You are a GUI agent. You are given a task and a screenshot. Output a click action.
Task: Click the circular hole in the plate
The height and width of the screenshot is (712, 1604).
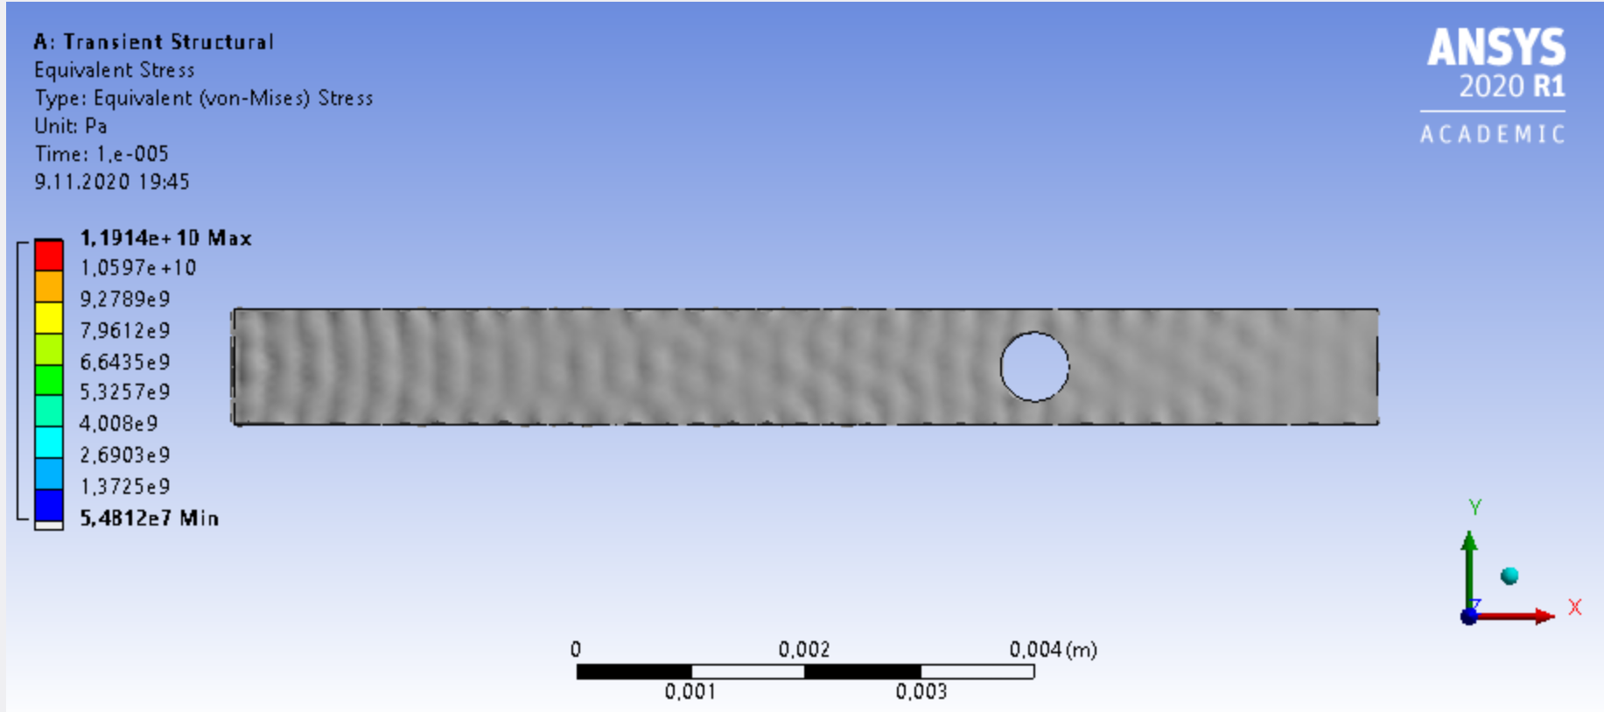point(1034,366)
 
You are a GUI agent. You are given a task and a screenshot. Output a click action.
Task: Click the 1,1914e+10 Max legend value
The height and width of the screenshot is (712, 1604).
point(165,238)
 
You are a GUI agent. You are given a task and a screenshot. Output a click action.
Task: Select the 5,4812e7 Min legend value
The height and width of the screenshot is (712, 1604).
point(149,518)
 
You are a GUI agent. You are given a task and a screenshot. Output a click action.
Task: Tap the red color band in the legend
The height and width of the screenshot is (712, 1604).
point(49,255)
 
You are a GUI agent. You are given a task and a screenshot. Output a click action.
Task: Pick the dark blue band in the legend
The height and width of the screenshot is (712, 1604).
point(49,504)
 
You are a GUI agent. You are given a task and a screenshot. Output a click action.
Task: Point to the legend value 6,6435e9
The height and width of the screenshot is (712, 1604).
point(125,362)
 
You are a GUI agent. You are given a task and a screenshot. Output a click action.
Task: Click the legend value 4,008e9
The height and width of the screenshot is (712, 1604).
point(119,424)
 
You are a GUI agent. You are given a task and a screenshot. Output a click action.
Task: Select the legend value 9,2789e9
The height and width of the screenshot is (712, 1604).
point(125,300)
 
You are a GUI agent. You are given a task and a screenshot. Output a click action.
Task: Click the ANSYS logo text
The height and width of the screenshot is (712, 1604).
point(1495,47)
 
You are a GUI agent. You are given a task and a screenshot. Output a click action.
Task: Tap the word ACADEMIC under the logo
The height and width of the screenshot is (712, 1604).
point(1492,135)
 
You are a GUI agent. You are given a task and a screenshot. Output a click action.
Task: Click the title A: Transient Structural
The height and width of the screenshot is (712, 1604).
point(153,42)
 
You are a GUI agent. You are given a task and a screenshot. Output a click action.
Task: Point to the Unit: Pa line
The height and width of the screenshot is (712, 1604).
point(71,126)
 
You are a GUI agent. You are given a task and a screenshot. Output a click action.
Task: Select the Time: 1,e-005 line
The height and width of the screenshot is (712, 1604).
point(102,154)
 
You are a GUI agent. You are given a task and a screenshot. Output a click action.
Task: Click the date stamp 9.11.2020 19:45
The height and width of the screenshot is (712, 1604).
point(112,182)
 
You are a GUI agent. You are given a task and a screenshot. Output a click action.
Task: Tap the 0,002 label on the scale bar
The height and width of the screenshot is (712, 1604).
point(803,650)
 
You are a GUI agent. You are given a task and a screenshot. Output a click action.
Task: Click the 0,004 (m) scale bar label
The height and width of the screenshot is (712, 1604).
point(1053,650)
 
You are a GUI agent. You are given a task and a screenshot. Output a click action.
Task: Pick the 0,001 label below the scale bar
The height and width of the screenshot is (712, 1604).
point(690,692)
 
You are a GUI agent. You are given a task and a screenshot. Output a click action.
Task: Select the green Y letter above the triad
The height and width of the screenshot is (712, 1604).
point(1475,507)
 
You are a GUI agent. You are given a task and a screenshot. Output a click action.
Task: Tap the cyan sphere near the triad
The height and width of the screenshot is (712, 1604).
point(1509,575)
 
